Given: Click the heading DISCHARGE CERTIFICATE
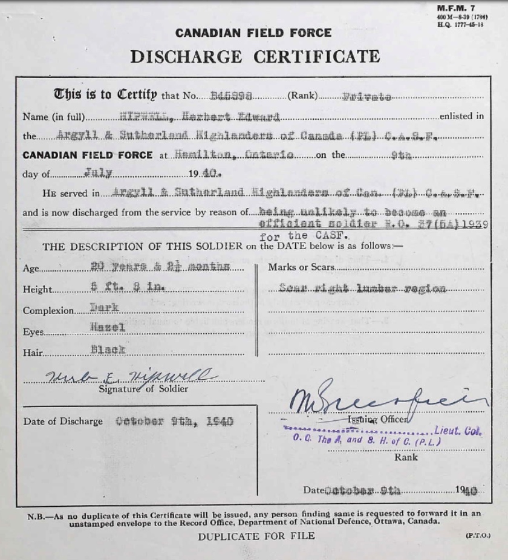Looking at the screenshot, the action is (255, 57).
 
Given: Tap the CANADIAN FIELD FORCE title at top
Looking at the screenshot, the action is (253, 33).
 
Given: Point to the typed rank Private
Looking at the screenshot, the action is (366, 96).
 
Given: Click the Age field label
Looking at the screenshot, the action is (31, 269).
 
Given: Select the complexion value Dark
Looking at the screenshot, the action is (103, 308).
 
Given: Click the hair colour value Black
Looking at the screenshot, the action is (108, 350).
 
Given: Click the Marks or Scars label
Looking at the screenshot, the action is (292, 267).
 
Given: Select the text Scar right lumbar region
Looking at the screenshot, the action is (362, 288).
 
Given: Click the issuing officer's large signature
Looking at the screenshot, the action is (387, 399).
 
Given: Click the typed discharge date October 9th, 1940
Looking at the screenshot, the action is (174, 422).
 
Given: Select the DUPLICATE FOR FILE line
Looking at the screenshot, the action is (256, 536).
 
